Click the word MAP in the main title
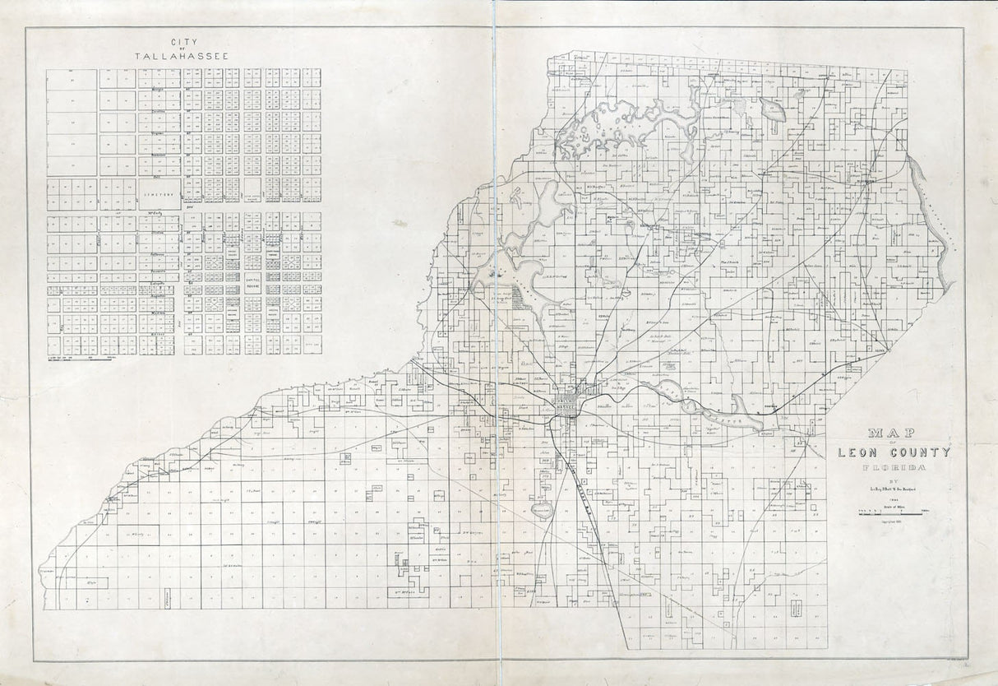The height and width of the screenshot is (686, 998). point(893,433)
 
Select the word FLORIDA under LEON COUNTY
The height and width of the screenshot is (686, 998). point(893,469)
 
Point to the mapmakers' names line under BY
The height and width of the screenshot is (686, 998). point(893,490)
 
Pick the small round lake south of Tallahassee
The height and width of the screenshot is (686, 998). point(541,511)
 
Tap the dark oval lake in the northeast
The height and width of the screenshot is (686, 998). point(774,108)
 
